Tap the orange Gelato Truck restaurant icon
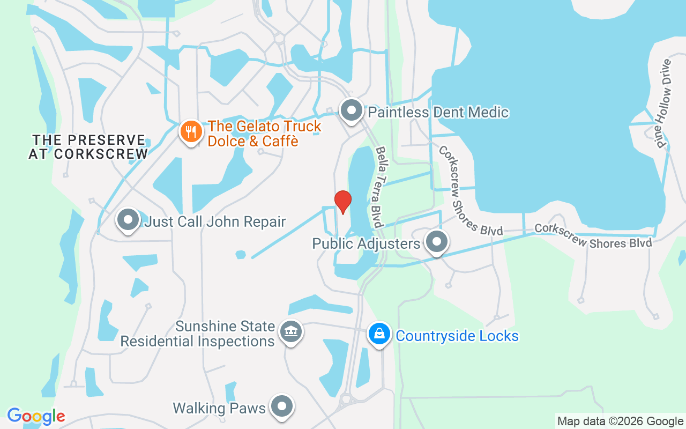[190, 131]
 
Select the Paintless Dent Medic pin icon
[352, 111]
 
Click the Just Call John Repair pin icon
[128, 220]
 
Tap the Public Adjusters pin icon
[437, 242]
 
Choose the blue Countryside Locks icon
[379, 334]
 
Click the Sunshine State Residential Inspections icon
[291, 332]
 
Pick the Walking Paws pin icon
[281, 407]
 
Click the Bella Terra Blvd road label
[380, 186]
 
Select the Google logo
[36, 416]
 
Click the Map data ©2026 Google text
[620, 421]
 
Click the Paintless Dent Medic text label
[438, 112]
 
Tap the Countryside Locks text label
[457, 336]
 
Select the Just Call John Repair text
[215, 221]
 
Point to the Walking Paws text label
[219, 408]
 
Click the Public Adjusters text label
[366, 244]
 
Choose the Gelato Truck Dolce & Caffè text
[264, 134]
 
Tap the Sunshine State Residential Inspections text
[198, 334]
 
